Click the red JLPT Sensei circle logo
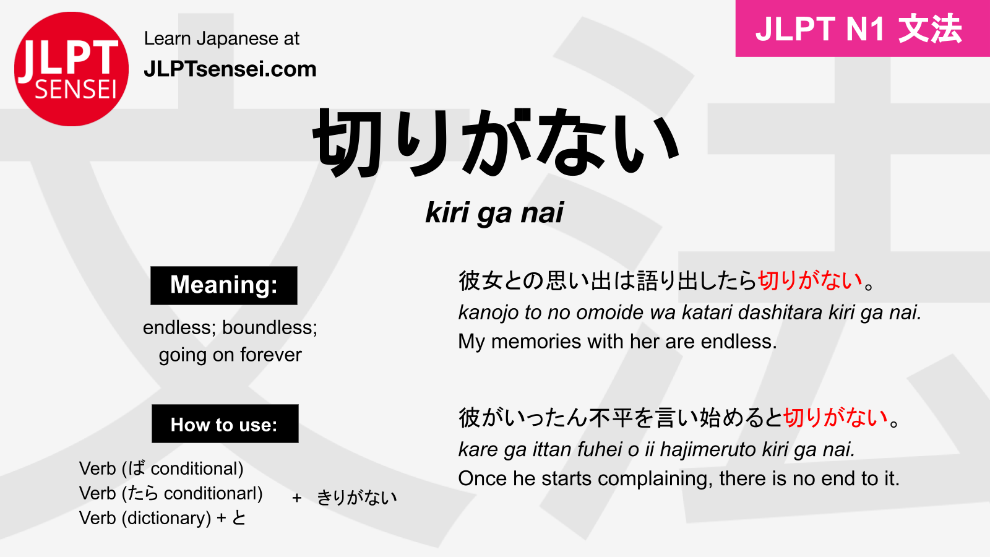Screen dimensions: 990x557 (x=71, y=69)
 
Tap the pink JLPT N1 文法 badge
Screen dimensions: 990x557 (x=863, y=28)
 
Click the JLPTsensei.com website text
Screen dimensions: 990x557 (x=230, y=69)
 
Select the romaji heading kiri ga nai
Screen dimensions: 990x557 (x=494, y=213)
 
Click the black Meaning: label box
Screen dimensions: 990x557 (x=223, y=285)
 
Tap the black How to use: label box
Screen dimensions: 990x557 (x=225, y=423)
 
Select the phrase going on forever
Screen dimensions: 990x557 (x=230, y=355)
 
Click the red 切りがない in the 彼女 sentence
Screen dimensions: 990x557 (x=810, y=281)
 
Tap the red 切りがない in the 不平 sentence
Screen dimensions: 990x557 (x=836, y=418)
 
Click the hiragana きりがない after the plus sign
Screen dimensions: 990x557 (x=357, y=498)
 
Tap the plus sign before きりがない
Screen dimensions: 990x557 (x=297, y=498)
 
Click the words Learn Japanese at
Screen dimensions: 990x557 (x=222, y=39)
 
